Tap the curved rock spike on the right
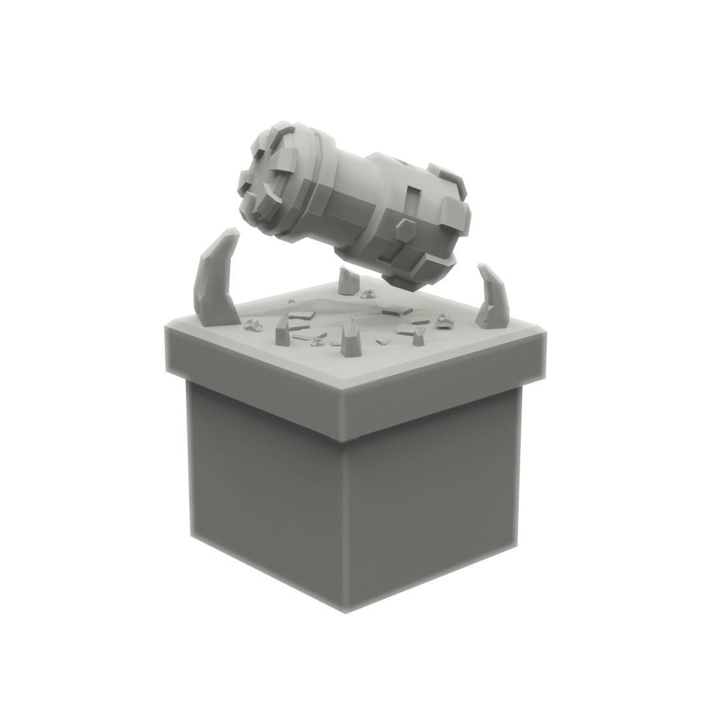[x=493, y=298]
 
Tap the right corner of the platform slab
[x=544, y=334]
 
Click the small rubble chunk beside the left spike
[x=251, y=325]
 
